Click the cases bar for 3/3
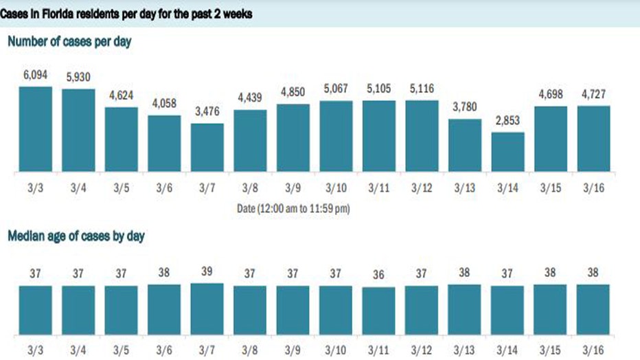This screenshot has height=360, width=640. pyautogui.click(x=36, y=129)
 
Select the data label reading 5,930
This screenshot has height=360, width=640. pyautogui.click(x=78, y=77)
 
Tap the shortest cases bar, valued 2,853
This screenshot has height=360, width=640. pyautogui.click(x=507, y=152)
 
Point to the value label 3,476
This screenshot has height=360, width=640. pyautogui.click(x=207, y=111)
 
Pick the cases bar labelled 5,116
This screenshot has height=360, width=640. pyautogui.click(x=422, y=136)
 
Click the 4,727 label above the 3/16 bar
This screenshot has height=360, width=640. pyautogui.click(x=593, y=94)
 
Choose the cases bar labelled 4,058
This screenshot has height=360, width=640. pyautogui.click(x=164, y=144)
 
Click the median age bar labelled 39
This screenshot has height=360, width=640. pyautogui.click(x=207, y=309)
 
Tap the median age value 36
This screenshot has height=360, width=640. pyautogui.click(x=378, y=275)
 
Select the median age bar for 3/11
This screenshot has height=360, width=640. pyautogui.click(x=378, y=311)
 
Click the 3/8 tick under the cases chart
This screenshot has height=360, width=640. pyautogui.click(x=250, y=188)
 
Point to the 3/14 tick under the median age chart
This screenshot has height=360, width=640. pyautogui.click(x=507, y=350)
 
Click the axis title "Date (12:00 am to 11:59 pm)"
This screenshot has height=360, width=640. pyautogui.click(x=293, y=209)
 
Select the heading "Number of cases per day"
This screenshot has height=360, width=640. pyautogui.click(x=69, y=42)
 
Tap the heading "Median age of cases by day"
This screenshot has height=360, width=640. pyautogui.click(x=76, y=236)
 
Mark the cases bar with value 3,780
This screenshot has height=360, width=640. pyautogui.click(x=465, y=146)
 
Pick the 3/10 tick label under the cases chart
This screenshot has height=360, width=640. pyautogui.click(x=336, y=188)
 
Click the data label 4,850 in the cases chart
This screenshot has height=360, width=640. pyautogui.click(x=293, y=92)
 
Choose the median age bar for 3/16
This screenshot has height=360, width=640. pyautogui.click(x=593, y=310)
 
